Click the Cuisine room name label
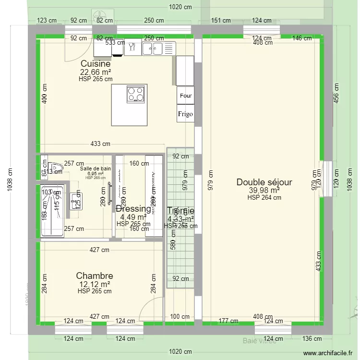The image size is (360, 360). pos(96,64)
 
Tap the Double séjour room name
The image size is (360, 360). pos(264,182)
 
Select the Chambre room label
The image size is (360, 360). pos(95,276)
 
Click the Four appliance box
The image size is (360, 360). pos(186,96)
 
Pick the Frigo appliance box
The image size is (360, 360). pos(186,114)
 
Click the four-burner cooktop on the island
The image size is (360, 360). pos(136,94)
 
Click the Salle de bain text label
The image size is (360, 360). pos(96,168)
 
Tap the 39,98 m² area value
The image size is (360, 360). pos(264,191)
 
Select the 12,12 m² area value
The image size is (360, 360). pos(95,284)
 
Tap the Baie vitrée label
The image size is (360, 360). pos(259,341)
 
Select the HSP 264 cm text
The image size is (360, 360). pos(264,197)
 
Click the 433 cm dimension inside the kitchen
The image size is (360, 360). pos(100,144)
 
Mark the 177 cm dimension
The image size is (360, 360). pos(228,321)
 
